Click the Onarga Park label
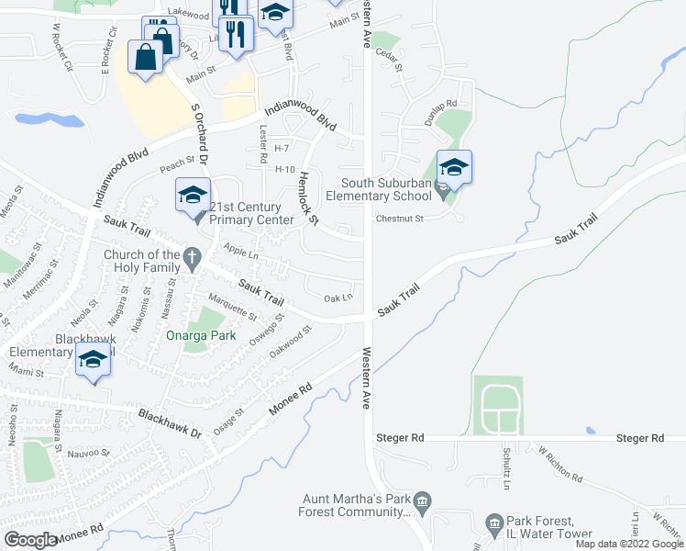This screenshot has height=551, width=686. pyautogui.click(x=201, y=335)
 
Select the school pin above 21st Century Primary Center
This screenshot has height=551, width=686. pyautogui.click(x=193, y=196)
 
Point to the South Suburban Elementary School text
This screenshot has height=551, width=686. pyautogui.click(x=386, y=188)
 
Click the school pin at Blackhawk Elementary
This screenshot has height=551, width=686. pyautogui.click(x=93, y=360)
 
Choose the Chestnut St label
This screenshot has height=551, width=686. pyautogui.click(x=399, y=219)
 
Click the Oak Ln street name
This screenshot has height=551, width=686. pyautogui.click(x=338, y=297)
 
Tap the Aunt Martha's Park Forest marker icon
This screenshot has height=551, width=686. pyautogui.click(x=422, y=500)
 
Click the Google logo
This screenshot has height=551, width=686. pyautogui.click(x=30, y=540)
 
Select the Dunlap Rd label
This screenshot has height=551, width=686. pyautogui.click(x=439, y=106)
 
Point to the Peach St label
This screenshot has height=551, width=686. pyautogui.click(x=178, y=163)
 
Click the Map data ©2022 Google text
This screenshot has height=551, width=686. pyautogui.click(x=629, y=544)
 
